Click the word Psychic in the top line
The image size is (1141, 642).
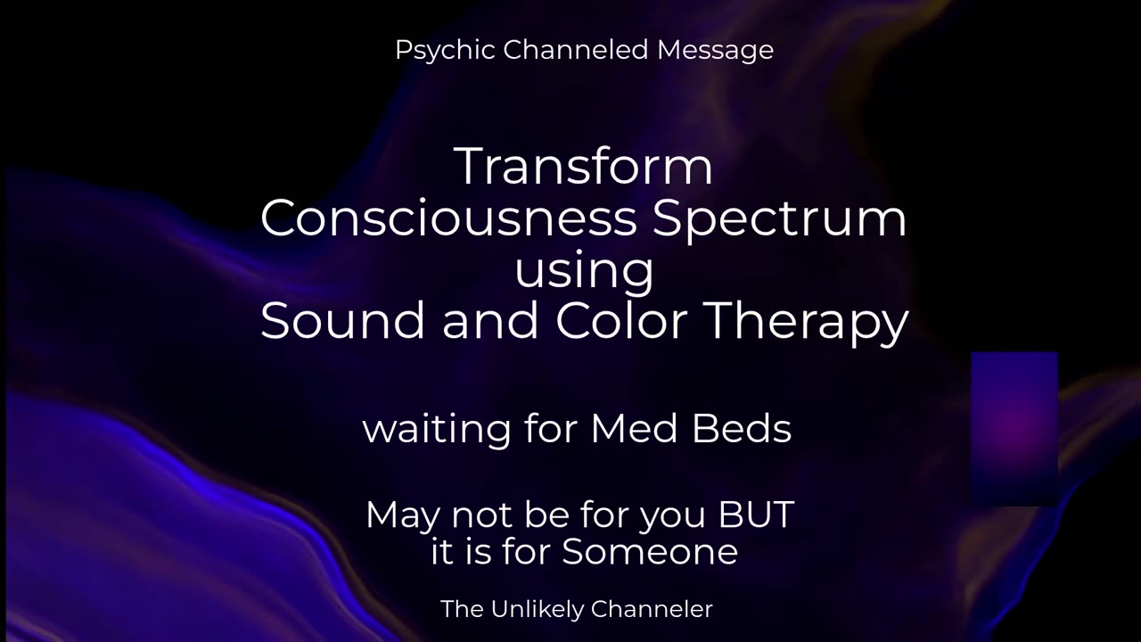446,51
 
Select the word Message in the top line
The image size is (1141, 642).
715,51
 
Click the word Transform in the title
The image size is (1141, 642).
584,166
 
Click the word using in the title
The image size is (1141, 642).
584,271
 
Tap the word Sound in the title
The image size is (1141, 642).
342,321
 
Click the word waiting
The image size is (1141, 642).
436,430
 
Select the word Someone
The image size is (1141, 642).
650,552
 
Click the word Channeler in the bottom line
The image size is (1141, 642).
652,609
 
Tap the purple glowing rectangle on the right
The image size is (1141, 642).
1014,428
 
